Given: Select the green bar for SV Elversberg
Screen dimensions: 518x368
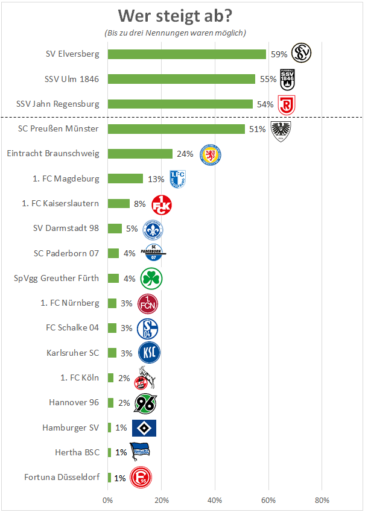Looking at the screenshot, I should (x=186, y=54).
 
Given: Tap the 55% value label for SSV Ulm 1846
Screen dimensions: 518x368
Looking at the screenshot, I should (x=268, y=79).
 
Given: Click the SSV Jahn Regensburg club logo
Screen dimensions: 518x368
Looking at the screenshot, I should (x=286, y=105).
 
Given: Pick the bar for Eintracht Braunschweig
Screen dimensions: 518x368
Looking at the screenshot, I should (x=140, y=154).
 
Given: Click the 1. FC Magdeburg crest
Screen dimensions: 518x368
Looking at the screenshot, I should (x=177, y=179).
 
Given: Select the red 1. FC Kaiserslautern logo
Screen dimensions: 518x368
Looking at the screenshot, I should (x=161, y=204).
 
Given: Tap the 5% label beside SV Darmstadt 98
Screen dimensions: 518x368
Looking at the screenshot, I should (x=132, y=229).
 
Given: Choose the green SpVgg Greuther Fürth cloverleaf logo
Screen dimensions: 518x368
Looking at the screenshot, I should (x=151, y=279).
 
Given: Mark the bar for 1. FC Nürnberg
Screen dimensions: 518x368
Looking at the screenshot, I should (x=112, y=303).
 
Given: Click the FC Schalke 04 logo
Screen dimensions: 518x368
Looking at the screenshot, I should (x=148, y=328).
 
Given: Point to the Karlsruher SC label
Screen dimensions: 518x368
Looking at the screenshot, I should (x=73, y=353).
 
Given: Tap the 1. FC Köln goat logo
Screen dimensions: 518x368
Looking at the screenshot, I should (x=145, y=378).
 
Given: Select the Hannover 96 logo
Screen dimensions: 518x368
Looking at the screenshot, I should (x=145, y=403).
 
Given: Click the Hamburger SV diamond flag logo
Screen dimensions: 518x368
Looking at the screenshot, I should (x=144, y=428).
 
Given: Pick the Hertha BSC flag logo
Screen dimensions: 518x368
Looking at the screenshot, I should (x=141, y=452).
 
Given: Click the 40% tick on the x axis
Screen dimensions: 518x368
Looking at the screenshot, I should (x=215, y=500).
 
